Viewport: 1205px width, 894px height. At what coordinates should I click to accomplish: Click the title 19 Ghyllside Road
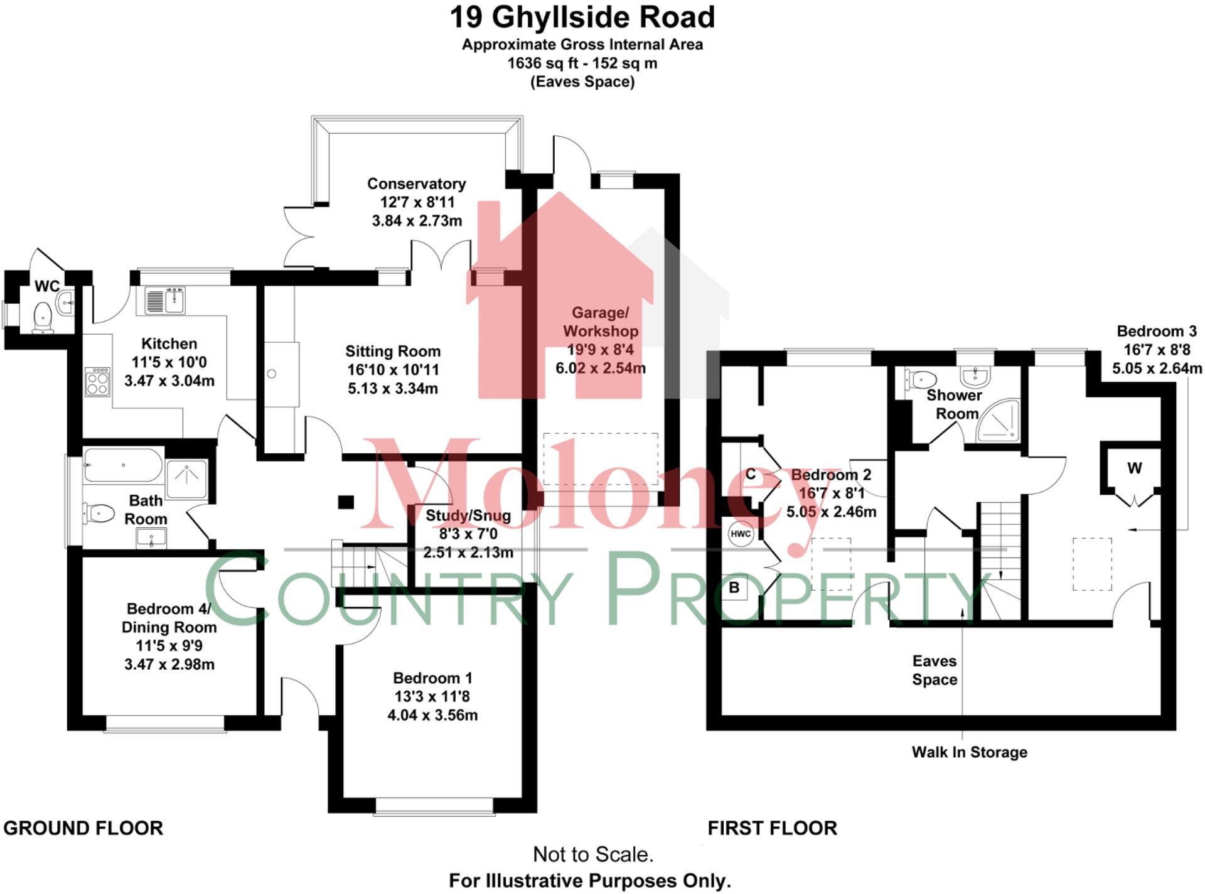tap(582, 18)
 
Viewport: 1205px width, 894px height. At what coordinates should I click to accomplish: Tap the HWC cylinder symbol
tap(741, 534)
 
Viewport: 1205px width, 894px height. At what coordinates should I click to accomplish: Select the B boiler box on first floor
tap(734, 588)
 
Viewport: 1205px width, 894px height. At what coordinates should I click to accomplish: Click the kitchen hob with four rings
tap(97, 381)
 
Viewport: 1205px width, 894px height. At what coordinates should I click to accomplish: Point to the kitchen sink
tap(166, 300)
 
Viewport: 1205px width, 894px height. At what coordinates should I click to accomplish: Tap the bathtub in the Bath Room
tap(122, 465)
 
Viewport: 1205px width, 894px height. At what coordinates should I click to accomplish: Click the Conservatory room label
tap(416, 184)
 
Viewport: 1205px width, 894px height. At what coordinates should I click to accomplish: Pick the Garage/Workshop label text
tap(600, 321)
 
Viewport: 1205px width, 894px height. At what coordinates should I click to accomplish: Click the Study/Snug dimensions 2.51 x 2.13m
tap(468, 552)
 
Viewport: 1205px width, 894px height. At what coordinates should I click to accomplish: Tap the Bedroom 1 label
tap(432, 678)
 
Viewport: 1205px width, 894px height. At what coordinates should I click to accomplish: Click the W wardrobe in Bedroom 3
tap(1134, 468)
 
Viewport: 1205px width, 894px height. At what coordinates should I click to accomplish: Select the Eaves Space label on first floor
tap(934, 670)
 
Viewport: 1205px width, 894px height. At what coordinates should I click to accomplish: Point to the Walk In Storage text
tap(969, 752)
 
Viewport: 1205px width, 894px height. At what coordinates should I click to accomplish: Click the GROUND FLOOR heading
tap(83, 828)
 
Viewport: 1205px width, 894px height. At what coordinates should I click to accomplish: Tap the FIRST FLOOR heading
tap(772, 828)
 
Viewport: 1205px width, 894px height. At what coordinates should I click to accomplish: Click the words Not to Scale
tap(592, 854)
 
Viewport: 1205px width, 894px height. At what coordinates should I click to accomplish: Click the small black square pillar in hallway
tap(346, 502)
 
